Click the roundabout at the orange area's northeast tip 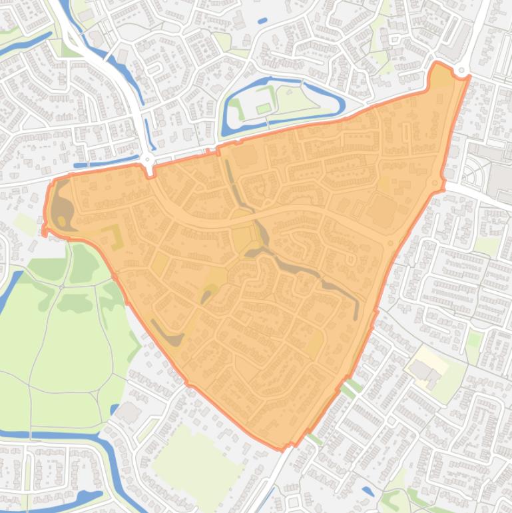pyautogui.click(x=461, y=70)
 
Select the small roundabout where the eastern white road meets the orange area pyautogui.click(x=436, y=183)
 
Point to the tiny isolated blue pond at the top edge pyautogui.click(x=262, y=21)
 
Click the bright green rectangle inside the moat pyautogui.click(x=264, y=108)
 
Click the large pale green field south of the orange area pyautogui.click(x=196, y=453)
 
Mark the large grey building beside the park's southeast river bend pyautogui.click(x=128, y=412)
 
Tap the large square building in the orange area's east pyautogui.click(x=382, y=209)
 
